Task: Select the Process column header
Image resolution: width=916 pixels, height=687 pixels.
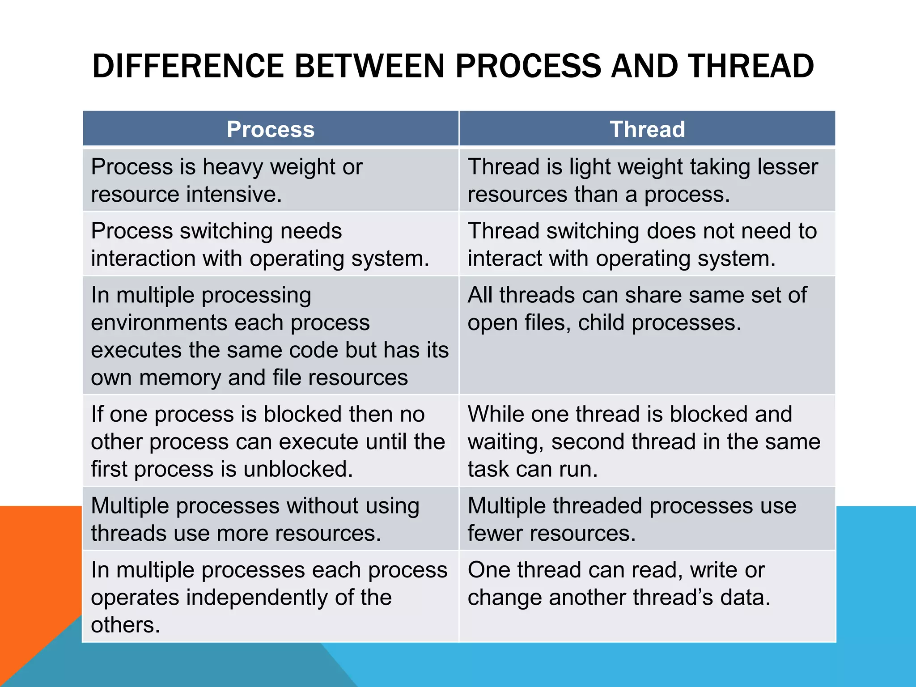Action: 271,129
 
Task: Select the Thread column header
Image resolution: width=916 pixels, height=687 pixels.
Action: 647,129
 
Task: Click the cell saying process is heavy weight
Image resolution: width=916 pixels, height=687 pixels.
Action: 271,180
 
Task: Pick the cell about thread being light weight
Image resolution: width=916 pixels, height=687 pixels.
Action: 647,180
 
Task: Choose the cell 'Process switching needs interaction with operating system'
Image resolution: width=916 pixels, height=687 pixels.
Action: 271,244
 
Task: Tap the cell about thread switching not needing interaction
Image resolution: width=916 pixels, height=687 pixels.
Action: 647,244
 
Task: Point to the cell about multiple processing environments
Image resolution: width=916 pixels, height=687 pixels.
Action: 271,335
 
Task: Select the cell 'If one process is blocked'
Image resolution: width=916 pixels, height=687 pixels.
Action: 271,441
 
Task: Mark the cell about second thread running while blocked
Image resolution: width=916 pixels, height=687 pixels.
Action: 647,441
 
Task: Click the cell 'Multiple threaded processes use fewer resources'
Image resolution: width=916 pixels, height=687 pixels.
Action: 647,519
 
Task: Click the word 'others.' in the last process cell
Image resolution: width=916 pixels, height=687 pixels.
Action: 126,625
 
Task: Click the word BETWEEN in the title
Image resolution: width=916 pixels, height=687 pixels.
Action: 369,66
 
